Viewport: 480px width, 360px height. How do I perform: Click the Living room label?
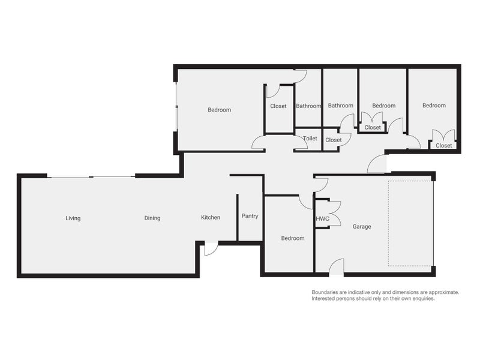pyautogui.click(x=73, y=218)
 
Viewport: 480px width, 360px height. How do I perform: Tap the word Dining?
pyautogui.click(x=152, y=218)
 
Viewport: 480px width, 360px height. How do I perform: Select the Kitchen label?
pyautogui.click(x=211, y=218)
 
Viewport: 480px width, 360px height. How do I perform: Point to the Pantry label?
pyautogui.click(x=250, y=216)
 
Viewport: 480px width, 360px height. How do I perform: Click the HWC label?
pyautogui.click(x=322, y=219)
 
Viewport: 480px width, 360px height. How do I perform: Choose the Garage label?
pyautogui.click(x=362, y=227)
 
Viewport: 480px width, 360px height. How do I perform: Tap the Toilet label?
pyautogui.click(x=310, y=139)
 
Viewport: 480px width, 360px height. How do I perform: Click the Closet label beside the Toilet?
pyautogui.click(x=333, y=140)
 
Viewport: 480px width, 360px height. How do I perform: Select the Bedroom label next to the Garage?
pyautogui.click(x=293, y=238)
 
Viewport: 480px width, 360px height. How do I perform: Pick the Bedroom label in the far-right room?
pyautogui.click(x=434, y=106)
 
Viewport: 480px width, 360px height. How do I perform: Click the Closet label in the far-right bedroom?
pyautogui.click(x=444, y=146)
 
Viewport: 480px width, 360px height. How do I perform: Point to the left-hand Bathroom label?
pyautogui.click(x=308, y=106)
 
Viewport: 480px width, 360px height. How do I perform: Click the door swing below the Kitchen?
pyautogui.click(x=210, y=248)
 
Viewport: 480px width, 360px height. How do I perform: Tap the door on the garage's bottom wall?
pyautogui.click(x=337, y=268)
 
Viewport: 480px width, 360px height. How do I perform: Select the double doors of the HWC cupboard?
pyautogui.click(x=334, y=214)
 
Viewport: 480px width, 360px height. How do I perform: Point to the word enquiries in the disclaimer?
pyautogui.click(x=421, y=298)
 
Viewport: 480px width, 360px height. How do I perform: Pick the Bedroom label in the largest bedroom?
pyautogui.click(x=219, y=110)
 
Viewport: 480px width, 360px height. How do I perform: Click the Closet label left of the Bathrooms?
pyautogui.click(x=278, y=106)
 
